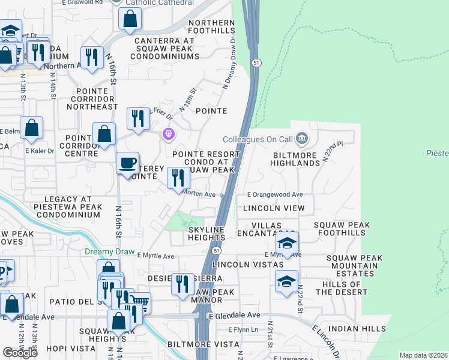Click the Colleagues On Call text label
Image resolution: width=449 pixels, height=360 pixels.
pos(257,139)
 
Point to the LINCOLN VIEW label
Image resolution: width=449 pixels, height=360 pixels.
pos(274,208)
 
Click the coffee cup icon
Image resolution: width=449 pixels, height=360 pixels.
pos(127,163)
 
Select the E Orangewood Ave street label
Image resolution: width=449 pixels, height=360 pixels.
pos(276,195)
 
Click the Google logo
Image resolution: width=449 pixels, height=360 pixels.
pos(20,352)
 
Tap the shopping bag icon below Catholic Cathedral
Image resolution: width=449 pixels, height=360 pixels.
pos(130,19)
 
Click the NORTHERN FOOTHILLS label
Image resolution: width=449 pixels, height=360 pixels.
pos(211,26)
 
